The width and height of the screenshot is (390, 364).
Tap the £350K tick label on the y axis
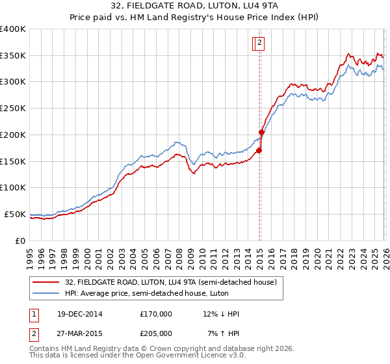point(13,55)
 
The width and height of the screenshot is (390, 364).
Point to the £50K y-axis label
point(15,214)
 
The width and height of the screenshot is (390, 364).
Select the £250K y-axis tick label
point(13,109)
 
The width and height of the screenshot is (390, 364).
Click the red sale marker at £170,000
point(259,151)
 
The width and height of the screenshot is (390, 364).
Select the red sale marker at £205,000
point(261,132)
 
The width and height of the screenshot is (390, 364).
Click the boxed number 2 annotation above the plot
point(259,44)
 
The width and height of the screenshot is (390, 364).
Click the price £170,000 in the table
point(156,314)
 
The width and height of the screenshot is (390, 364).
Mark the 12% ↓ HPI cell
point(221,314)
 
